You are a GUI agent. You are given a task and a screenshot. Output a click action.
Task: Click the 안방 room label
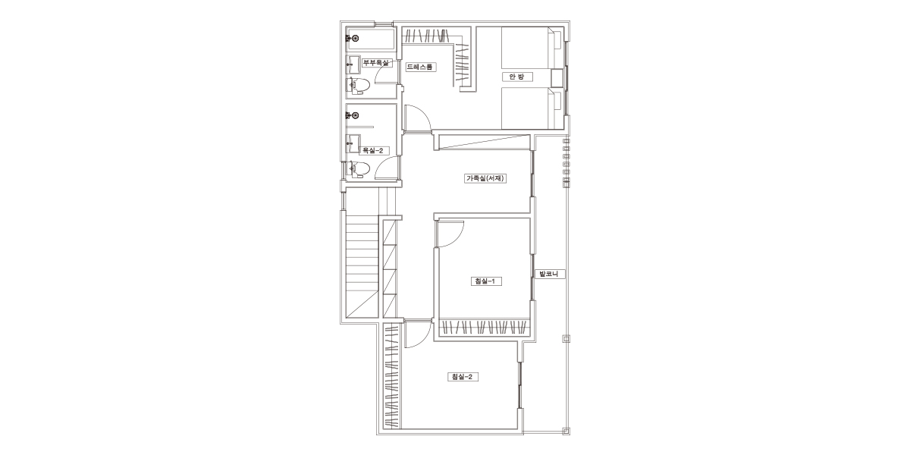tap(516, 77)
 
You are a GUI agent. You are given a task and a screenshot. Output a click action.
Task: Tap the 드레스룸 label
tap(421, 67)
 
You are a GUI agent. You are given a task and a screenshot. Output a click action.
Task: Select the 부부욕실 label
tap(377, 63)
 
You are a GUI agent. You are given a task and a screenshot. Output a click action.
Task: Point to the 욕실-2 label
tap(373, 151)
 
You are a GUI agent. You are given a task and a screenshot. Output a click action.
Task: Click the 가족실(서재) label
tap(485, 178)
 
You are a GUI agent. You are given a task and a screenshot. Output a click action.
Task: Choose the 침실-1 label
tap(486, 281)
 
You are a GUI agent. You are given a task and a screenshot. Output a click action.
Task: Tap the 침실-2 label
tap(463, 377)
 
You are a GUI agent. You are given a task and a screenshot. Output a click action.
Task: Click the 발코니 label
tap(549, 274)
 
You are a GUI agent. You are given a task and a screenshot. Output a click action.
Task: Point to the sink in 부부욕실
tap(353, 64)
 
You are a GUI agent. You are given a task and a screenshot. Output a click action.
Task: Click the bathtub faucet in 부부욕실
tap(352, 38)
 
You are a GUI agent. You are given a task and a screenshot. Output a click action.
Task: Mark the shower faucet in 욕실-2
tap(352, 116)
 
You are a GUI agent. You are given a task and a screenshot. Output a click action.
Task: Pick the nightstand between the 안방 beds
tap(557, 77)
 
